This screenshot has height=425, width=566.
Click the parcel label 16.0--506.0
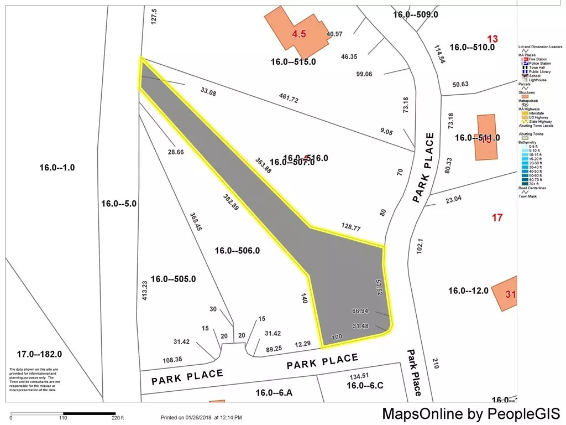coord(237,251)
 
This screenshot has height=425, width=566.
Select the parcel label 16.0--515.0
coord(293,61)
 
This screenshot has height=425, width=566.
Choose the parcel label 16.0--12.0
coord(468,291)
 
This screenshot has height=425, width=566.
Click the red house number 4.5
coord(299,34)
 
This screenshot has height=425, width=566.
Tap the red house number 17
coord(497,217)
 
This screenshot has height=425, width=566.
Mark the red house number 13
coord(492,39)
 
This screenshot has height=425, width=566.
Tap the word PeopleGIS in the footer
coord(523,413)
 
